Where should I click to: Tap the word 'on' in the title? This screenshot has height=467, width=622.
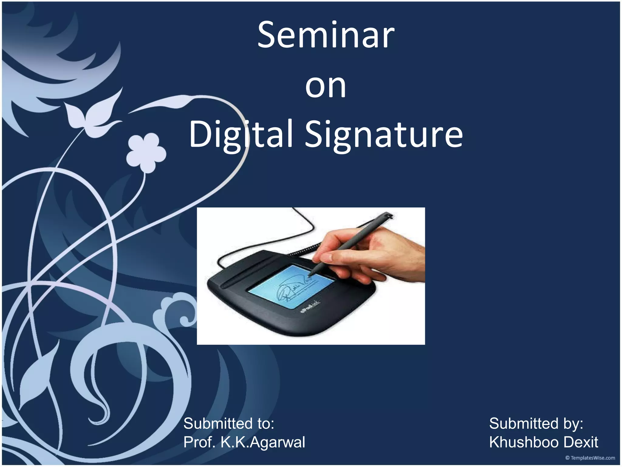(x=326, y=87)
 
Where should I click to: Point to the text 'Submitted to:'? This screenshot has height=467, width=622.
(x=229, y=424)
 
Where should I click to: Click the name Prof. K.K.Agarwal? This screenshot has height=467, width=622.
(x=244, y=442)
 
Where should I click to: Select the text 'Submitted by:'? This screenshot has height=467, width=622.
(x=536, y=424)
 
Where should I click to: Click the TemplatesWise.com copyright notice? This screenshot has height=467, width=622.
(x=590, y=458)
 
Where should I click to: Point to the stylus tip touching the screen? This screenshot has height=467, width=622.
(x=310, y=275)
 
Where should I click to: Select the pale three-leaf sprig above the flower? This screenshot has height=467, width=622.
(x=91, y=112)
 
